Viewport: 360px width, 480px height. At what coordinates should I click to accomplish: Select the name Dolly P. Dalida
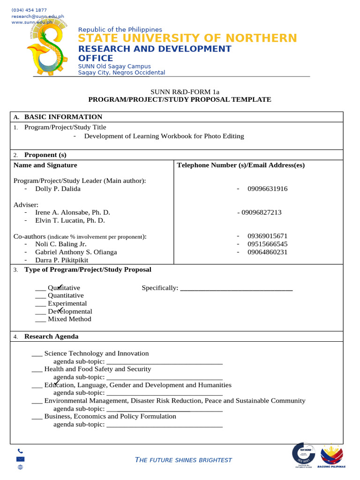click(58, 189)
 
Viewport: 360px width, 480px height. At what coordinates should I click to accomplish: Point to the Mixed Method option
click(69, 319)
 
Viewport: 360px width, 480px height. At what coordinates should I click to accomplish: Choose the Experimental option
click(67, 304)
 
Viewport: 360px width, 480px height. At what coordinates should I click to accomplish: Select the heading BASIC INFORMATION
click(63, 117)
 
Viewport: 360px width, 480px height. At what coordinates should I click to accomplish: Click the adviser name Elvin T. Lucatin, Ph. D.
click(70, 220)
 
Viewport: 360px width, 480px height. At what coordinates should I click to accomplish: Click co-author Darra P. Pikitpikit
click(61, 260)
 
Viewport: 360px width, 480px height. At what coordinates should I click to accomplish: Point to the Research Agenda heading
click(51, 337)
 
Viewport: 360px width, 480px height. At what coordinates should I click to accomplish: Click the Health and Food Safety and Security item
click(97, 369)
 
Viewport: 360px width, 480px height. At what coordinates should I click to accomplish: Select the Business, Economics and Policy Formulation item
click(110, 416)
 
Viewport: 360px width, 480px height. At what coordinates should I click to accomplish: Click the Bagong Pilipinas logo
click(331, 456)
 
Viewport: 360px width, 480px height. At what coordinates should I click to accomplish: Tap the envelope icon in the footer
click(20, 459)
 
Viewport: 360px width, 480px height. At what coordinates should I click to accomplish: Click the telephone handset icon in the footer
click(20, 451)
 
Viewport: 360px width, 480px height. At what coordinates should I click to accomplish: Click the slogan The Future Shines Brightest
click(183, 460)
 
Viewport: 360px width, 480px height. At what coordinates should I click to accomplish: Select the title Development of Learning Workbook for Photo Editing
click(164, 136)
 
